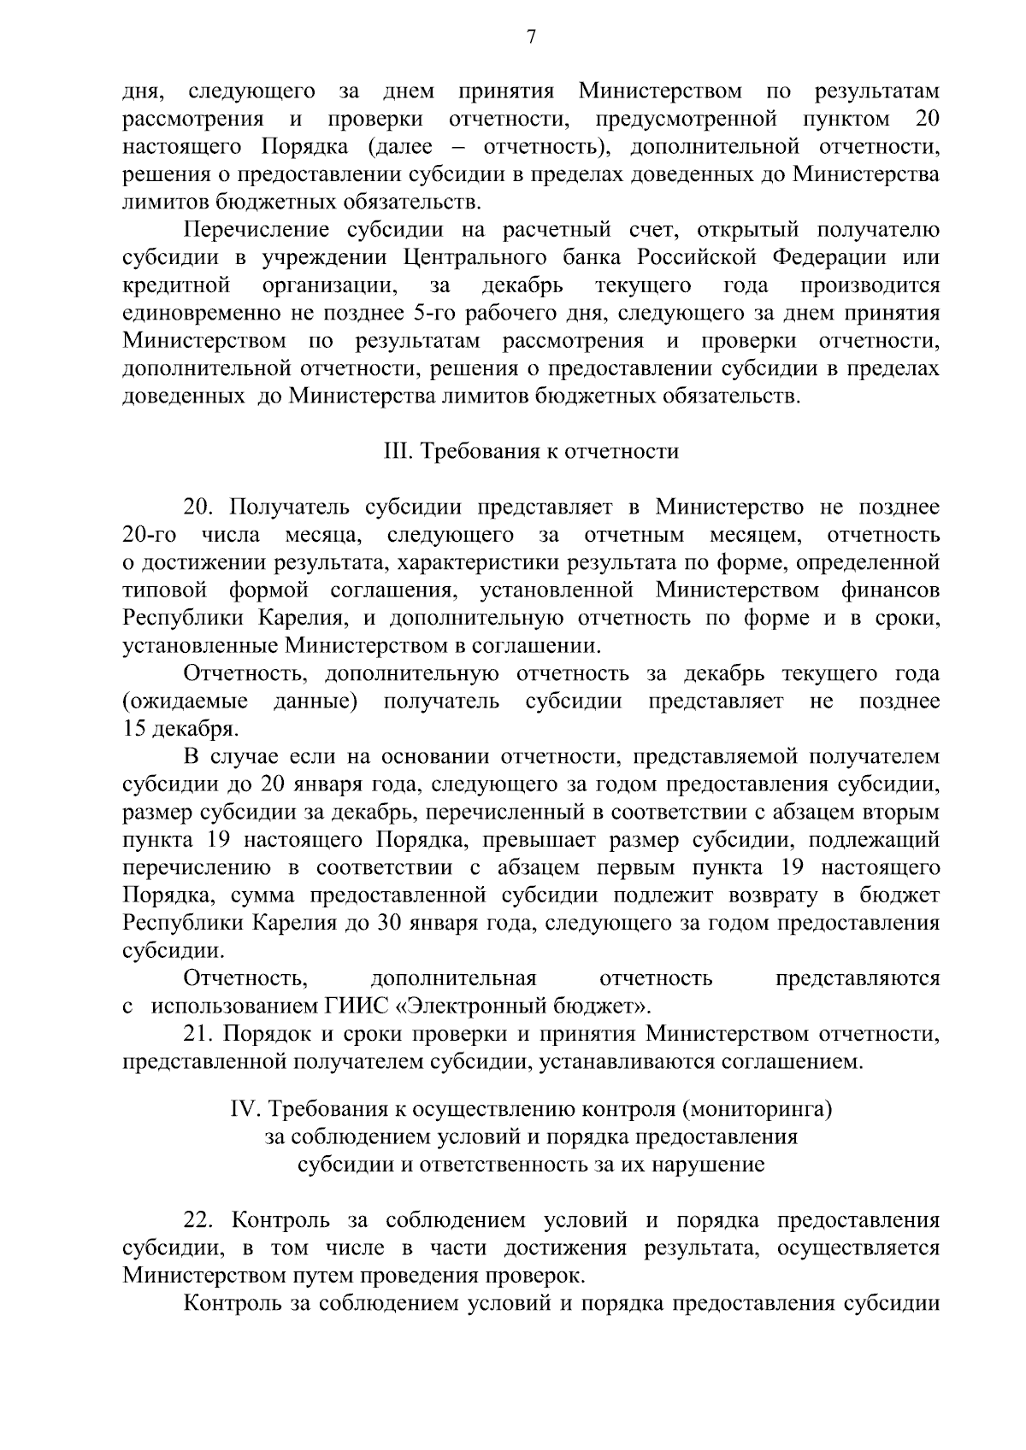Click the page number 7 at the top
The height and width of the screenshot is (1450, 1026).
pos(531,37)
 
